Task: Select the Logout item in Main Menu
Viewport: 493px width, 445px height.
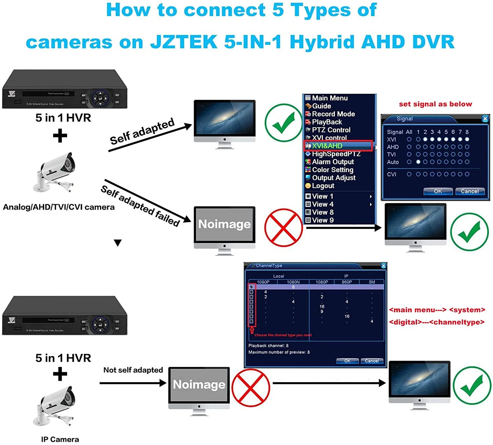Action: (323, 186)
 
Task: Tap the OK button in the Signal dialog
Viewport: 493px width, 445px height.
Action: (438, 191)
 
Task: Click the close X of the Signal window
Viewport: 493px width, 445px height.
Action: (485, 119)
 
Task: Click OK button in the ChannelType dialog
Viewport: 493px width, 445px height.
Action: (347, 361)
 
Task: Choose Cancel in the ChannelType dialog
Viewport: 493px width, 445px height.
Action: (372, 361)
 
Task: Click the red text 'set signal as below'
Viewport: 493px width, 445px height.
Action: (435, 104)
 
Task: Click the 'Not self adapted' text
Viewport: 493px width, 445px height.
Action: (133, 370)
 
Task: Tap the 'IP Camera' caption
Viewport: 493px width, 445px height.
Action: (60, 439)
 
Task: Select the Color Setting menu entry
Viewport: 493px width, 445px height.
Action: (332, 170)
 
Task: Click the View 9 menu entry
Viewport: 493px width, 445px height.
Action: (322, 220)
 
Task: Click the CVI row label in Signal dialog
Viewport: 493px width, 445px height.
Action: (391, 174)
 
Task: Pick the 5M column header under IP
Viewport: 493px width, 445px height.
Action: (372, 282)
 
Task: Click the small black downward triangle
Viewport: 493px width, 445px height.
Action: (118, 243)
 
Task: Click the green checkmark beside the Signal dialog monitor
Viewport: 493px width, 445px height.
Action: (469, 232)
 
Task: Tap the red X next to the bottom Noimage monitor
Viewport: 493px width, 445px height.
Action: (250, 388)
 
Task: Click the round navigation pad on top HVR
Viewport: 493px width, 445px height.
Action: (101, 98)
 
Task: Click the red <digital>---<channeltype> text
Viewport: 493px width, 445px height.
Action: (436, 322)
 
